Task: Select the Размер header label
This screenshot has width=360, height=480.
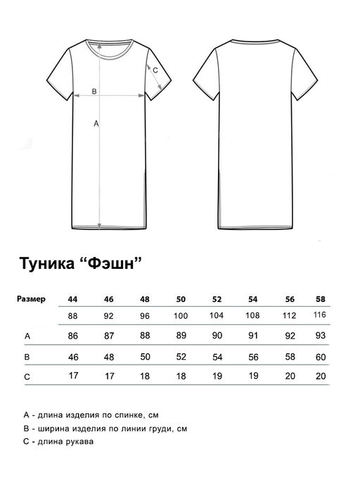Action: pyautogui.click(x=31, y=299)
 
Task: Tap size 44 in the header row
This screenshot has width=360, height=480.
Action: pyautogui.click(x=72, y=299)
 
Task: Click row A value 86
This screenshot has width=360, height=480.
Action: pyautogui.click(x=72, y=336)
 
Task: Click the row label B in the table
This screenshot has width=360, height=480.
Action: pyautogui.click(x=27, y=358)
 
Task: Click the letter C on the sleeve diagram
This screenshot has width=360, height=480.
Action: pyautogui.click(x=155, y=69)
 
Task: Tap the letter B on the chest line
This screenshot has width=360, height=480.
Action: pyautogui.click(x=94, y=91)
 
